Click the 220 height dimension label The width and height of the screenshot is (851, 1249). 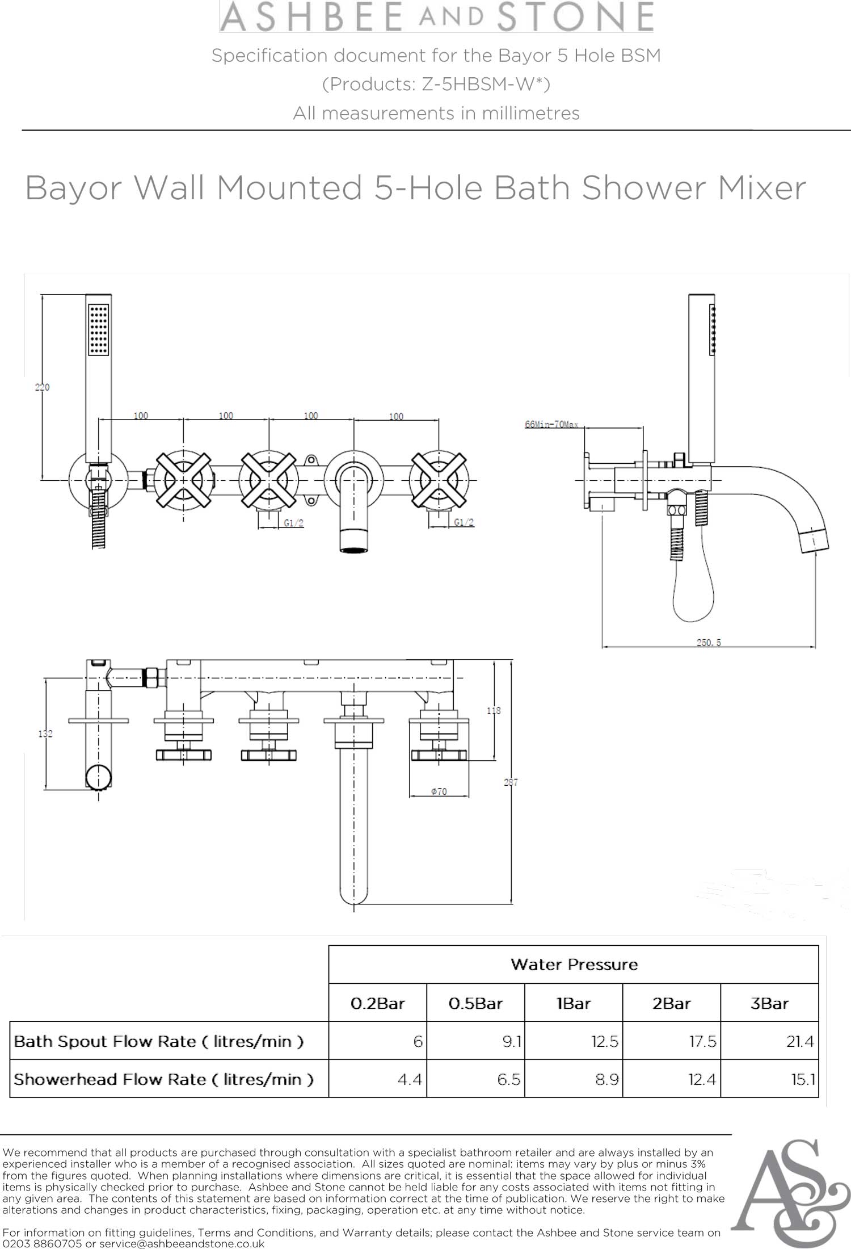click(43, 387)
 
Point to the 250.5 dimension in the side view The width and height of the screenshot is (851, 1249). click(709, 643)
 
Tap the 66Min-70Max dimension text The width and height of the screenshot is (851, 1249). click(551, 424)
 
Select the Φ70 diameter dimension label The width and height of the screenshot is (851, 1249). click(439, 791)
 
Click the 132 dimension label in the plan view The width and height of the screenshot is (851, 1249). click(45, 734)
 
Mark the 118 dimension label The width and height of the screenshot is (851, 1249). click(494, 710)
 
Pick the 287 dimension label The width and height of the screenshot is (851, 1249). click(511, 782)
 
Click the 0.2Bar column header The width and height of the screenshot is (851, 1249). click(378, 1003)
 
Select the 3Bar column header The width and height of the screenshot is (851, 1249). click(769, 1003)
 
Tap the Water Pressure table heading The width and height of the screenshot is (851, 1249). click(574, 964)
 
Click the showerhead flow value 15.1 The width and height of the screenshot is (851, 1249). click(803, 1079)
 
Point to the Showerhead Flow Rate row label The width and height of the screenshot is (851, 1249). click(163, 1079)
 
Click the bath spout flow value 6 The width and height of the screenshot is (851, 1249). click(418, 1041)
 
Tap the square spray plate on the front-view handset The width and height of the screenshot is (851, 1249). click(99, 330)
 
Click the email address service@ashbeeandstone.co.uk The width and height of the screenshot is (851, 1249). click(182, 1243)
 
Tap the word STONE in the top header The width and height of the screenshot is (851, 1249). click(575, 16)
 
